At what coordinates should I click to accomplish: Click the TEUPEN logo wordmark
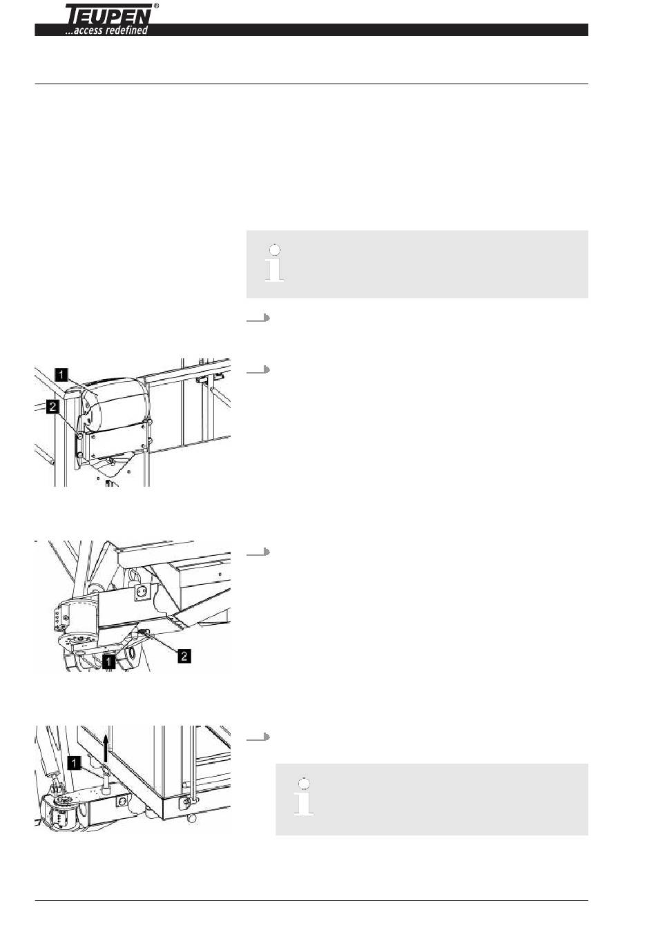tap(108, 14)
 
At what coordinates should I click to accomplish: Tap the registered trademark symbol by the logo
tap(156, 6)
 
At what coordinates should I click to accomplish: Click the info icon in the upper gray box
tap(274, 263)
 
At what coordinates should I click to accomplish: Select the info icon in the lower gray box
tap(303, 797)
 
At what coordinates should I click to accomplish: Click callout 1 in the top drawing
tap(61, 374)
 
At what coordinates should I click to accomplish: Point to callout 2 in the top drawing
tap(52, 406)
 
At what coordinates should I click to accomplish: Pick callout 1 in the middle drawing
tap(108, 662)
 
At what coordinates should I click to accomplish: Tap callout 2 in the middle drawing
tap(184, 656)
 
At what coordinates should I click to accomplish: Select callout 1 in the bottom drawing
tap(74, 762)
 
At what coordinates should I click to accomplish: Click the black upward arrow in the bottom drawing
tap(106, 748)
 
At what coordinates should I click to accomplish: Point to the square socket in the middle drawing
tap(139, 592)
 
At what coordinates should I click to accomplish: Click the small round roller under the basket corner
tap(192, 818)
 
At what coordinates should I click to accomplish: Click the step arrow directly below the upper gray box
tap(258, 318)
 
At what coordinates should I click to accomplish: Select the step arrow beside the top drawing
tap(258, 369)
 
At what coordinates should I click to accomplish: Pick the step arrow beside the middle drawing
tap(258, 552)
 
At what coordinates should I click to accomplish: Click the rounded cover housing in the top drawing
tap(116, 404)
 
